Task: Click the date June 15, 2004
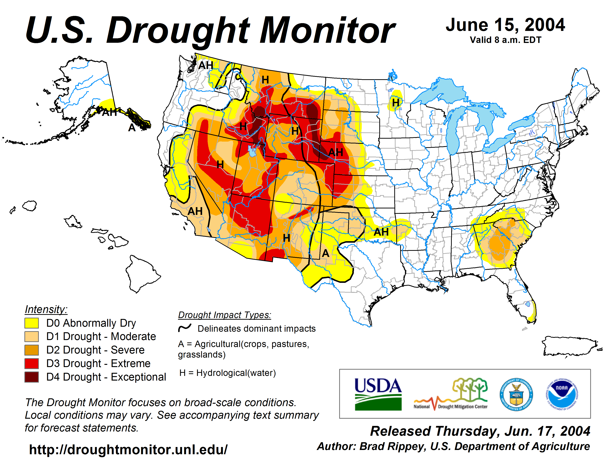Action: click(x=505, y=25)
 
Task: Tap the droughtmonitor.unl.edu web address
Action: click(x=128, y=450)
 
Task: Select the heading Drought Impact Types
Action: click(x=225, y=315)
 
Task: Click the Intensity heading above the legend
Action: click(x=46, y=309)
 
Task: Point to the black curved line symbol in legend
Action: click(x=185, y=328)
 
